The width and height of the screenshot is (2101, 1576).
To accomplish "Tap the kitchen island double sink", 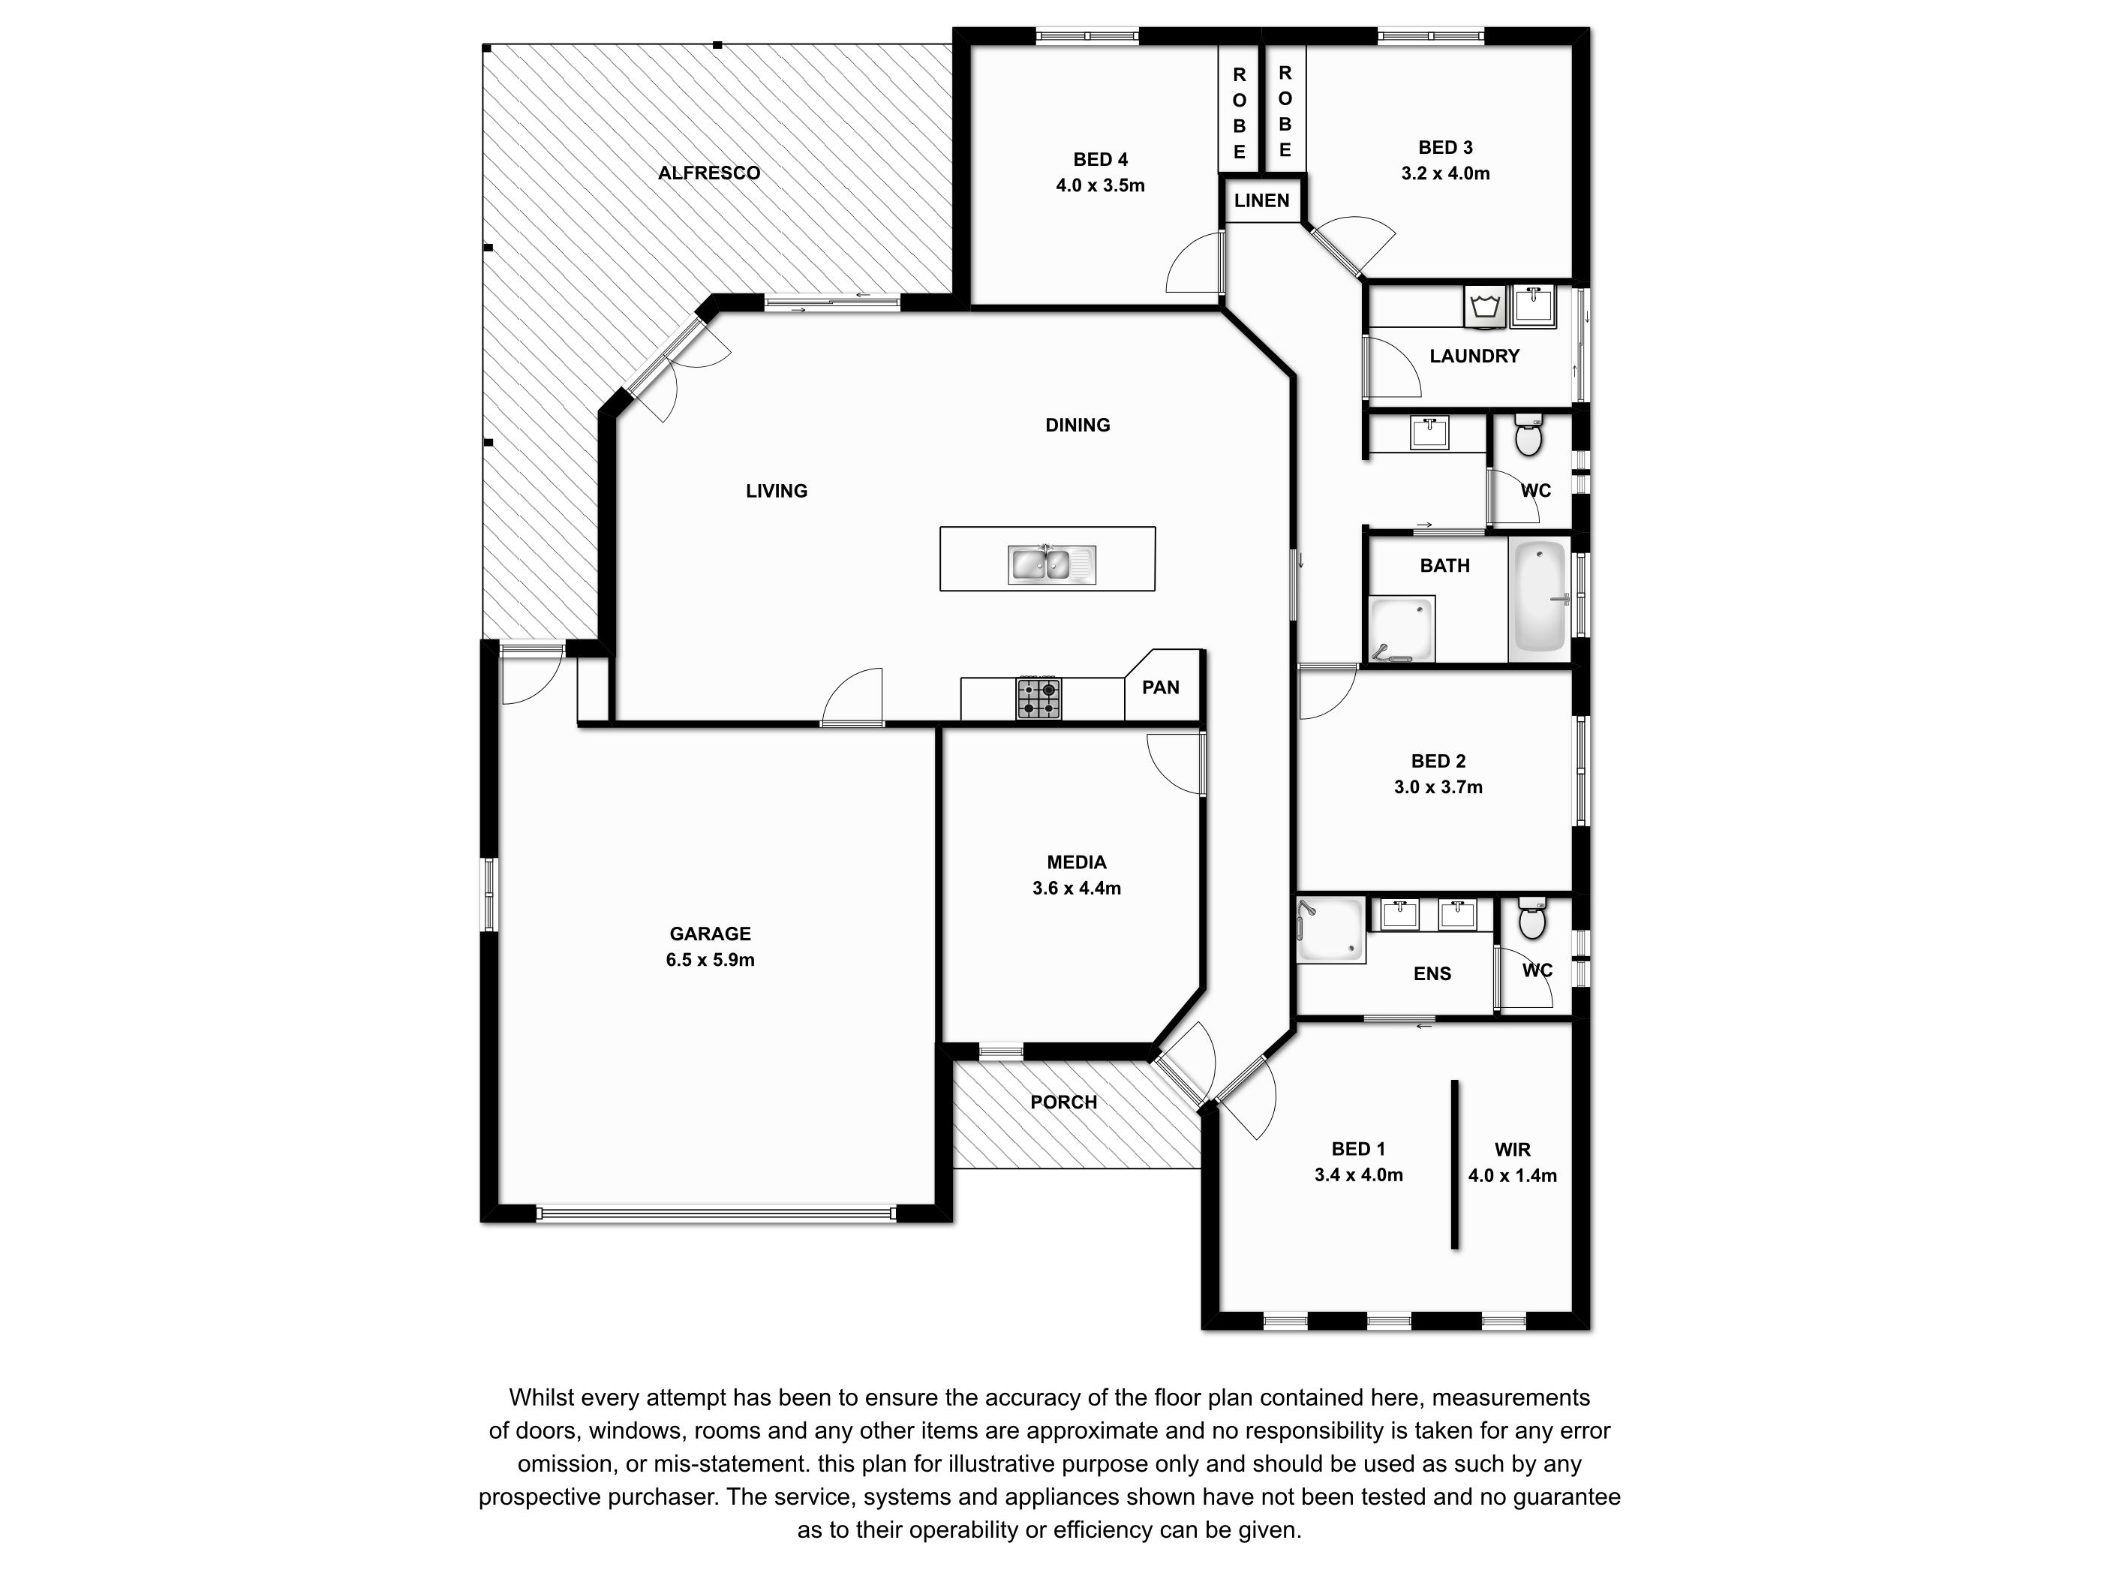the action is pyautogui.click(x=1051, y=564).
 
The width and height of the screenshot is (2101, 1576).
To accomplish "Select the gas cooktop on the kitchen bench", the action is pyautogui.click(x=1039, y=698).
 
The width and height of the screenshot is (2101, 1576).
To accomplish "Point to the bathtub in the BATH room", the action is pyautogui.click(x=1539, y=598).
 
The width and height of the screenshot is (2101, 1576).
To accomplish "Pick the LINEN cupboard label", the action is pyautogui.click(x=1261, y=200).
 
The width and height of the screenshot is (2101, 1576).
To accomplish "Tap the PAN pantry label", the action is pyautogui.click(x=1161, y=687).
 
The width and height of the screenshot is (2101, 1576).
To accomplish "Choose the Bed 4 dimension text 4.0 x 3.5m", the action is pyautogui.click(x=1100, y=185).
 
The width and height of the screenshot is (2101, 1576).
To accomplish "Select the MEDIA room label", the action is pyautogui.click(x=1076, y=862).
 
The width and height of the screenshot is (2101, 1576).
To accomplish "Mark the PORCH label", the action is pyautogui.click(x=1064, y=1102).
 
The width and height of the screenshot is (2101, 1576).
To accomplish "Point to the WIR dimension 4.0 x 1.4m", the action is pyautogui.click(x=1512, y=1175).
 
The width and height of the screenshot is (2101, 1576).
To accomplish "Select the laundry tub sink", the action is pyautogui.click(x=1533, y=306).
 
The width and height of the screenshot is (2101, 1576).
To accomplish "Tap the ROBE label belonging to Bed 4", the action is pyautogui.click(x=1240, y=112).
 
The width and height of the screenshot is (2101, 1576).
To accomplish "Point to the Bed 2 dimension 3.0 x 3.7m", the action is pyautogui.click(x=1438, y=786).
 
